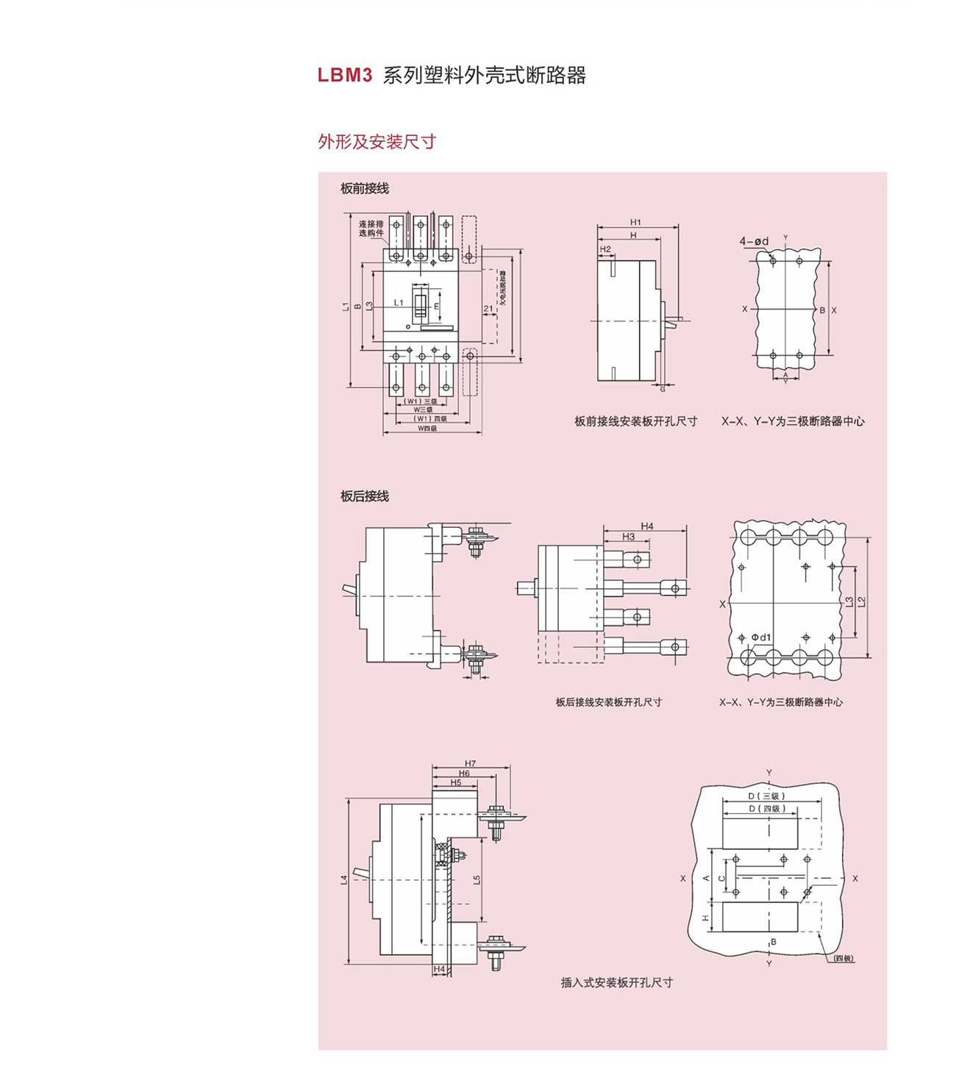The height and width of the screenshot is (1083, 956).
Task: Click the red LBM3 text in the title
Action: pos(345,76)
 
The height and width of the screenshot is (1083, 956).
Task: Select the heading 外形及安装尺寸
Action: pos(377,142)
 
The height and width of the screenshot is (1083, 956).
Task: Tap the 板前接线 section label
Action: pos(364,188)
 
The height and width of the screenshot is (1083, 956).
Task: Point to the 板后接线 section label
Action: pos(364,496)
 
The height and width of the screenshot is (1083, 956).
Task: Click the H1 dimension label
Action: pos(635,222)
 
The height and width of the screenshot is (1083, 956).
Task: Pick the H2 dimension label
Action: pos(605,249)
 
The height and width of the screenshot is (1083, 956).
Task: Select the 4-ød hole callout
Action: pos(754,241)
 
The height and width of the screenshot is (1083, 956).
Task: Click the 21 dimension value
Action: pos(488,309)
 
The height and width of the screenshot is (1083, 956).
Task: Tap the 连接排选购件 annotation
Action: pos(371,228)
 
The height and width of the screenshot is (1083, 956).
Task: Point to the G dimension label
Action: pos(662,388)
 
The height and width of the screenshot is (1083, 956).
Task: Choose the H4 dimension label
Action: pos(646,526)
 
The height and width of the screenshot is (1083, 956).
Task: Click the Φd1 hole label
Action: pos(761,637)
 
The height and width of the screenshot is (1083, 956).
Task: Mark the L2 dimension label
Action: pos(862,601)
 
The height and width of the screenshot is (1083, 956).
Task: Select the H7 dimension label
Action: pos(471,763)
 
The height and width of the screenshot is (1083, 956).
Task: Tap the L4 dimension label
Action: pos(343,879)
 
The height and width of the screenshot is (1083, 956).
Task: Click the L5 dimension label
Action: pos(477,879)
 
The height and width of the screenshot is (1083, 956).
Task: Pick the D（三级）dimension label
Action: pos(768,796)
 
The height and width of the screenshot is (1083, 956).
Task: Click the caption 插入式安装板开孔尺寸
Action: pos(616,982)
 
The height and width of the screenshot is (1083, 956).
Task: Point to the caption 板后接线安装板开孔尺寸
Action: pos(608,702)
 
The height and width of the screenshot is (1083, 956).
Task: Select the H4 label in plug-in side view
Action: pos(439,969)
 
